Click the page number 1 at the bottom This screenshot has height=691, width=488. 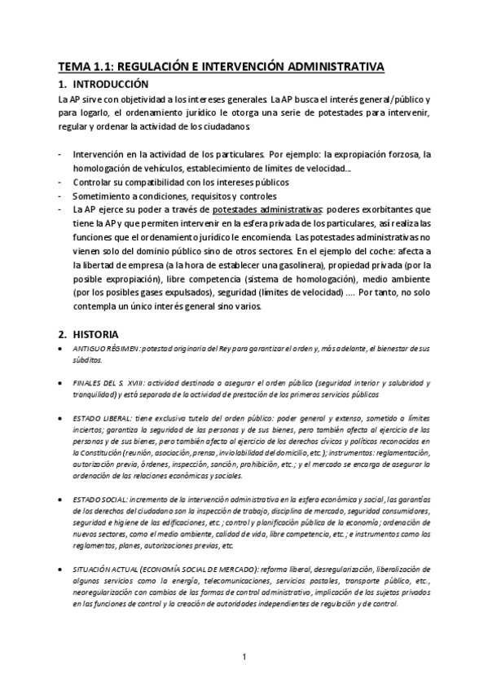(244, 656)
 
